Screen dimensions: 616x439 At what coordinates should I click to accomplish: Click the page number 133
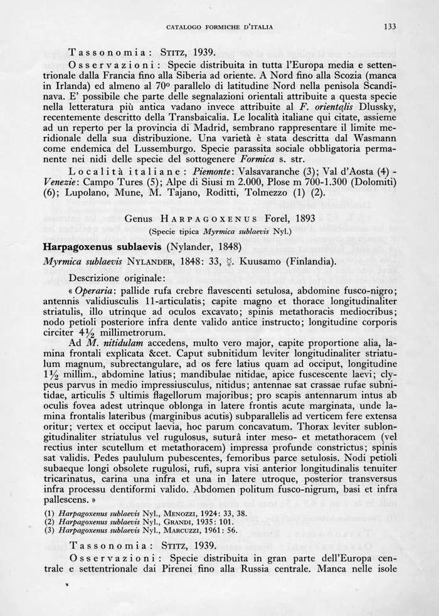click(388, 26)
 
